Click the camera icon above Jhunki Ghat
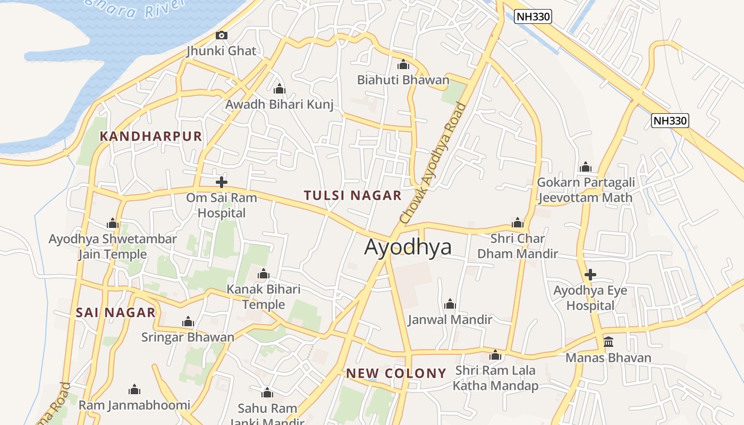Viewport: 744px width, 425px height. coord(222,36)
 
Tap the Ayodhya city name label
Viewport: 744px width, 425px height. coord(408,247)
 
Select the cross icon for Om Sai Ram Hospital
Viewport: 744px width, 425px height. coord(222,182)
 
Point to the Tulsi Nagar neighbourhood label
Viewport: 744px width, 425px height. coord(352,195)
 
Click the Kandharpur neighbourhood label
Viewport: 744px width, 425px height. coord(151,137)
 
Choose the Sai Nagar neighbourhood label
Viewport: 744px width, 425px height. coord(115,312)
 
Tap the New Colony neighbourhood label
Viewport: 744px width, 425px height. coord(396,373)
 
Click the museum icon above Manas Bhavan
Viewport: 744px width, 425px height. coord(608,342)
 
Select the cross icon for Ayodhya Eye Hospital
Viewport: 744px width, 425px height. coord(590,275)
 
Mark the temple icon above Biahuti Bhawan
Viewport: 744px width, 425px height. coord(403,65)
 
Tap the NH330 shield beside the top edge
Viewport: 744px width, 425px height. coord(533,17)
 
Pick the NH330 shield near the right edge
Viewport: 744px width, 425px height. coord(670,121)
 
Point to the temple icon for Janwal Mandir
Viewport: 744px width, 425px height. coord(450,304)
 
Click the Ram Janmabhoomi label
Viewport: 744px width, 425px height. coord(134,405)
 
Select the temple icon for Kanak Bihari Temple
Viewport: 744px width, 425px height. coord(263,275)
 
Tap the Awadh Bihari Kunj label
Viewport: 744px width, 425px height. coord(280,105)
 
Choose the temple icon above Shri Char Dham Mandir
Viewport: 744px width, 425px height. coord(517,223)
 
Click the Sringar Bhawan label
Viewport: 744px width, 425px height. coord(188,337)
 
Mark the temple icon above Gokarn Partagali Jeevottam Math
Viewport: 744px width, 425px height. coord(586,167)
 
